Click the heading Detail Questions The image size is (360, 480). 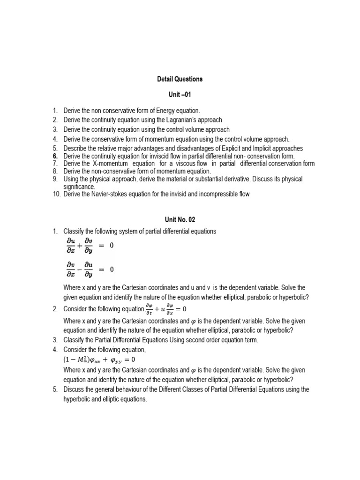180,79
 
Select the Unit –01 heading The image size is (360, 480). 180,94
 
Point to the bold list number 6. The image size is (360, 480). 55,156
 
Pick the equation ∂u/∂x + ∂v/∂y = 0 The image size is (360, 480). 90,245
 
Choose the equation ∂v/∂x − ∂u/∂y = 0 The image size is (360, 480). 90,270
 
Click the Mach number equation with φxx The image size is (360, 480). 99,360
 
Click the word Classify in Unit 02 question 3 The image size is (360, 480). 74,340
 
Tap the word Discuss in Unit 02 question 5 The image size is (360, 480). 74,390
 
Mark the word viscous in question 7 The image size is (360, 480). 186,164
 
